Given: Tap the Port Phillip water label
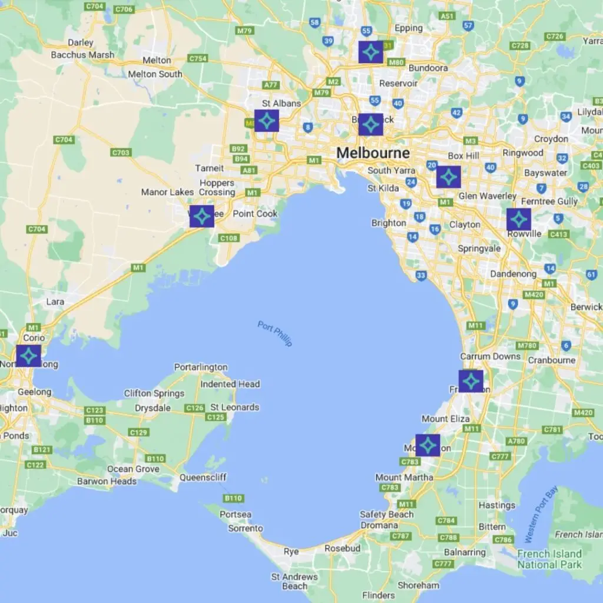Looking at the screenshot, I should (275, 333).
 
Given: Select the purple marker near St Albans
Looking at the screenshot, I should (266, 121).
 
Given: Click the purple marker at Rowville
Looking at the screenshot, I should (518, 220).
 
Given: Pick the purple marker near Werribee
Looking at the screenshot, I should (201, 216).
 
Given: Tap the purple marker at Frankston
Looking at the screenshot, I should (471, 381).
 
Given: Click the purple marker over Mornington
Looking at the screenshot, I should (428, 445).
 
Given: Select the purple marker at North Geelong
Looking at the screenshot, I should (28, 356).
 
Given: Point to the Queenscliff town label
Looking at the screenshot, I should (203, 477).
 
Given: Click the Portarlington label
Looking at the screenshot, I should (201, 367).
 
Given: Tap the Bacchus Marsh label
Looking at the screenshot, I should (83, 55).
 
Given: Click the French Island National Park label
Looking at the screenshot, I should (549, 559).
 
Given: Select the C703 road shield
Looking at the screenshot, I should (121, 153).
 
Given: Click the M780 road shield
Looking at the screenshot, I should (526, 345).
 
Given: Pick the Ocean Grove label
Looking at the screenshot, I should (133, 469).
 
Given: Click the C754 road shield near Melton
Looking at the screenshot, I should (198, 58).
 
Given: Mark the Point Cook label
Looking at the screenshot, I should (255, 214).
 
